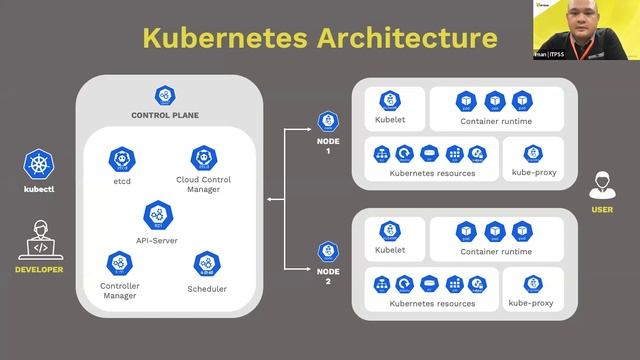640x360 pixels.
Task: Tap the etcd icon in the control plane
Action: tap(123, 159)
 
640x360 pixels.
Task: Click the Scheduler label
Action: tap(207, 289)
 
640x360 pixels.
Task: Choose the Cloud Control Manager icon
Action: tap(205, 158)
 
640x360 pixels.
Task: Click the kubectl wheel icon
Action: tap(39, 165)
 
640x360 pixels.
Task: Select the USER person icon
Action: tap(602, 185)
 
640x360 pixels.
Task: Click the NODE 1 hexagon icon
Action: tap(327, 122)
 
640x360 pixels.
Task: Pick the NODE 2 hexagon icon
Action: tap(327, 251)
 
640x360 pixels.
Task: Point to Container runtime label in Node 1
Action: tap(495, 121)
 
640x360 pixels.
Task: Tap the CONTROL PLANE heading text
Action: tap(165, 115)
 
